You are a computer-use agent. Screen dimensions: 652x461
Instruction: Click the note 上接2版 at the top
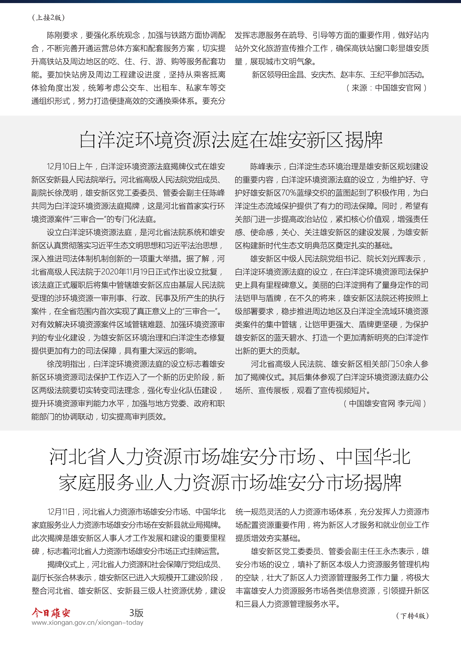[x=48, y=18]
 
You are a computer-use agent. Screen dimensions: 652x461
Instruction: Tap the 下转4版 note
[x=412, y=616]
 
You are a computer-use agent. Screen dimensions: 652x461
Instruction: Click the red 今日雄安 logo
[x=51, y=613]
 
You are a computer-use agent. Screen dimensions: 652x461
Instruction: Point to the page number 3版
[x=136, y=613]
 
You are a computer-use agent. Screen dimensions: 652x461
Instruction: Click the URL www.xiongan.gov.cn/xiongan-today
[x=88, y=623]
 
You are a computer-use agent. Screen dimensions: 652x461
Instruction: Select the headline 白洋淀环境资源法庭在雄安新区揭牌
[x=230, y=140]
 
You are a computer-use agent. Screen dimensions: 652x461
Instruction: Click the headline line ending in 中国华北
[x=230, y=457]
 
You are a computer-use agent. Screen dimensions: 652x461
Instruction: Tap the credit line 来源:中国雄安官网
[x=386, y=88]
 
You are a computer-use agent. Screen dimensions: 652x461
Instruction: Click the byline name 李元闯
[x=409, y=404]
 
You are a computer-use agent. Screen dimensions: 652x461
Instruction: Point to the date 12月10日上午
[x=70, y=167]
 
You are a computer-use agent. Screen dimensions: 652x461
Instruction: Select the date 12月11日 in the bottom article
[x=61, y=512]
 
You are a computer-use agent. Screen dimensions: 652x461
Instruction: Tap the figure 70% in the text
[x=289, y=193]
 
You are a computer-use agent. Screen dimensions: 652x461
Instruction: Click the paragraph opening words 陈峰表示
[x=266, y=167]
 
